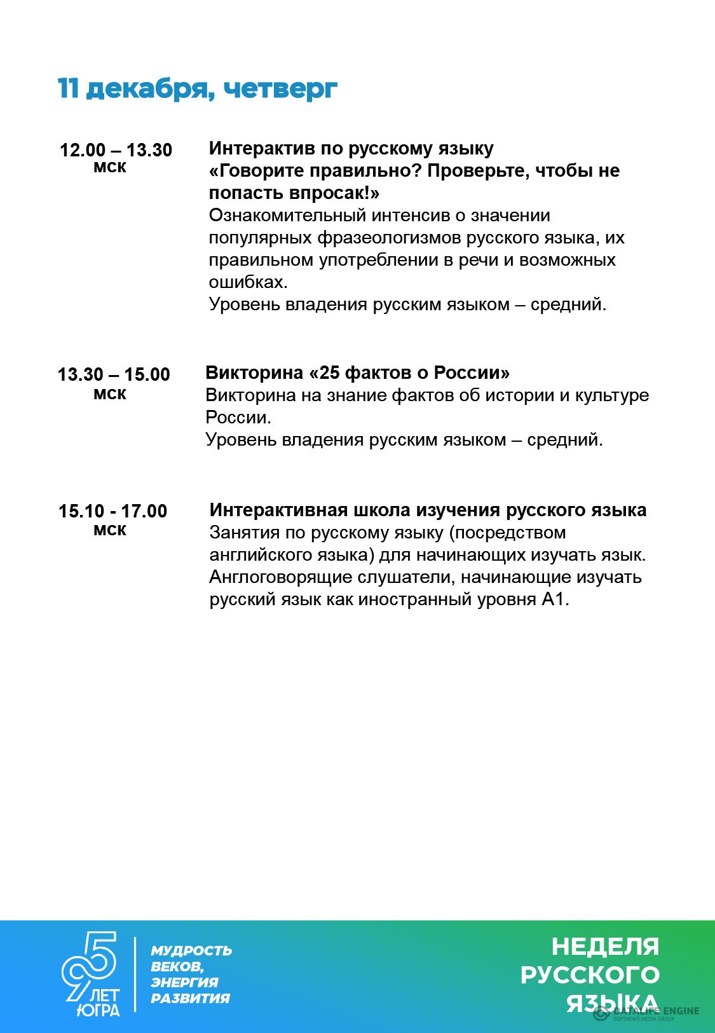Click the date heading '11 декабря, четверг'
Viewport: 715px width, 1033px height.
click(197, 89)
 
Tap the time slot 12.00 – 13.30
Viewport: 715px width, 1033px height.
click(116, 150)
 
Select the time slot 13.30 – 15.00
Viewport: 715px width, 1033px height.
click(114, 374)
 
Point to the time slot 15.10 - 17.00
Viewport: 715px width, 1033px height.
click(112, 511)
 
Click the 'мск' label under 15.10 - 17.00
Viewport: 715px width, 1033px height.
click(110, 530)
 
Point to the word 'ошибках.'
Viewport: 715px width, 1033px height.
click(249, 282)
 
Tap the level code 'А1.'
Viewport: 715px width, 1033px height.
click(555, 599)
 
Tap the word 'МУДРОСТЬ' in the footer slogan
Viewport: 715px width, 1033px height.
click(191, 951)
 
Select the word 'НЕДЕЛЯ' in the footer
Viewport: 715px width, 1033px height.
click(605, 947)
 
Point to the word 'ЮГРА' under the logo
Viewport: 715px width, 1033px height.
click(98, 1010)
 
